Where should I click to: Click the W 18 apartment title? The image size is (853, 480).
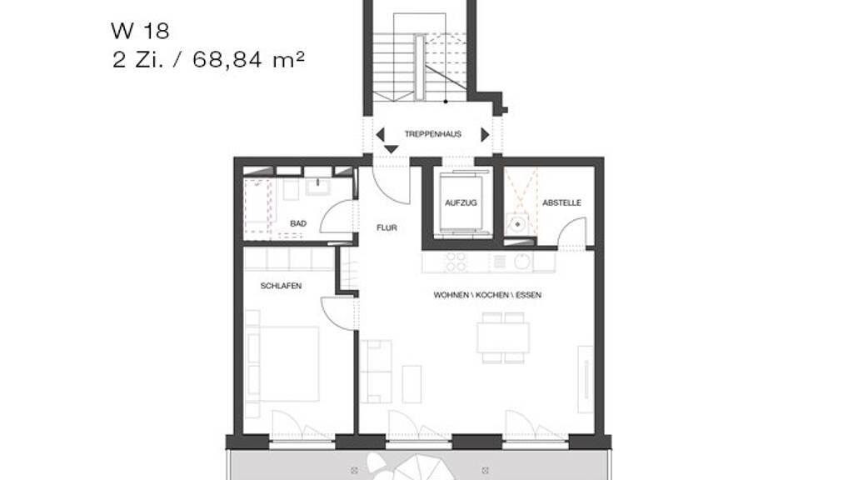coord(140,31)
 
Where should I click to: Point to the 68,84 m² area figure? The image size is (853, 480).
coord(248,59)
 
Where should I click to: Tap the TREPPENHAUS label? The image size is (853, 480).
coord(433,134)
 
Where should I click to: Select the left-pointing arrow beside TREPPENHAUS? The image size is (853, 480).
coord(380,134)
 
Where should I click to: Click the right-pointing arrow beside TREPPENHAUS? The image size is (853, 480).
coord(486,134)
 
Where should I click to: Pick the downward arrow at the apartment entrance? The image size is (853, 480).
coord(392,149)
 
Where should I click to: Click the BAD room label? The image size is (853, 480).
coord(298,223)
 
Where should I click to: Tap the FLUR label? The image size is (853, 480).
coord(387,228)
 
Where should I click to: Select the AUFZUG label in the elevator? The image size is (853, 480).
coord(461,203)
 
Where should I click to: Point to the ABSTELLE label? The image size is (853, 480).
coord(562,203)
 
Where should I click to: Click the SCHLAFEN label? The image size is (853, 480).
coord(281,286)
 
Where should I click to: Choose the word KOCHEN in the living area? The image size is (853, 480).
coord(493,295)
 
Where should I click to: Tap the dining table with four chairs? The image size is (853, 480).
coord(503,338)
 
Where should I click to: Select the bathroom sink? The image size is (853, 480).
coord(317,187)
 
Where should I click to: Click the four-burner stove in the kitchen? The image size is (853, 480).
coord(456,262)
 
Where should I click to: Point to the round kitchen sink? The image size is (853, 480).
coord(521,261)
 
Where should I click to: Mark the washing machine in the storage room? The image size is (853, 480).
coord(516,223)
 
